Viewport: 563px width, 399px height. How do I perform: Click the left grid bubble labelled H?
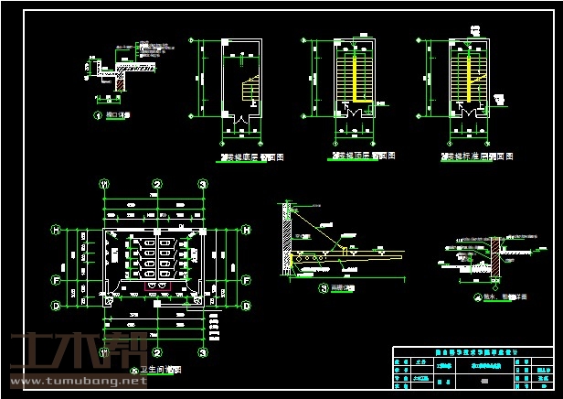coord(57,229)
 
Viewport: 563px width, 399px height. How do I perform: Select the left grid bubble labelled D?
coord(57,305)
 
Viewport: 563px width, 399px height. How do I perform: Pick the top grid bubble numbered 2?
coord(157,185)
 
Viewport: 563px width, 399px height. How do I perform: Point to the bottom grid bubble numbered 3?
coord(203,351)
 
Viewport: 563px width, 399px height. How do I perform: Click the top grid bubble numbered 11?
coord(106,185)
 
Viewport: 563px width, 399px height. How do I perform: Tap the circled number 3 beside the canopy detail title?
coord(324,288)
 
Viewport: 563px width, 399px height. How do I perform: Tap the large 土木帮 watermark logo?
coord(64,352)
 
